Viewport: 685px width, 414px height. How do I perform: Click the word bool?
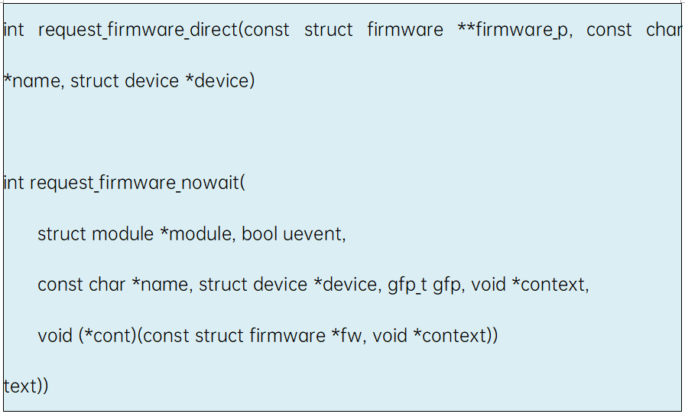click(259, 234)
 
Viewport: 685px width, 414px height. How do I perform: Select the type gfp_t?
click(407, 285)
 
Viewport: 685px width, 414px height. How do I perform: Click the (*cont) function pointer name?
click(107, 336)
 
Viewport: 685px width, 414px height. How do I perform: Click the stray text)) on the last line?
click(26, 386)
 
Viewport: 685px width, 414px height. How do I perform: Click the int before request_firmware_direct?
click(13, 31)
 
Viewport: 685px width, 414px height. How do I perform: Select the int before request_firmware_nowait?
click(13, 184)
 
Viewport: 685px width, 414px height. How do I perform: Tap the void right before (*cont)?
click(55, 336)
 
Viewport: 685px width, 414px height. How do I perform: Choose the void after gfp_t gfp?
click(489, 285)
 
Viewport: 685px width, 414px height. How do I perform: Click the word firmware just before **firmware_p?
click(404, 31)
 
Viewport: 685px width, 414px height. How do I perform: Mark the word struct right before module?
click(62, 234)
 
